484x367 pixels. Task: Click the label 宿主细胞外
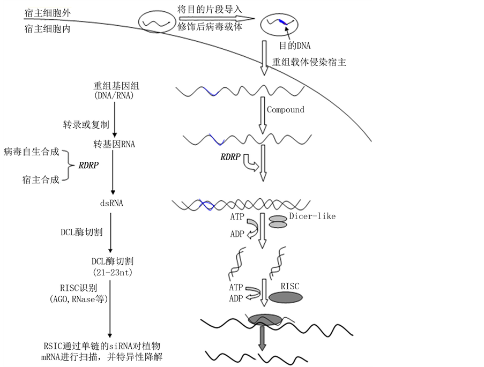click(47, 13)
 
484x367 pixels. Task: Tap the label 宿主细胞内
click(47, 29)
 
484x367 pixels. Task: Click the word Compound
click(286, 110)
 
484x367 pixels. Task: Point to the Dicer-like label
click(312, 216)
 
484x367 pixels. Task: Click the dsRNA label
click(112, 203)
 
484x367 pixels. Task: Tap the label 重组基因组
click(113, 86)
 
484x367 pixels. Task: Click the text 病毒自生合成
click(31, 152)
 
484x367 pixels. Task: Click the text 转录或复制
click(86, 124)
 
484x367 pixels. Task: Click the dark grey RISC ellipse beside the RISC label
click(285, 297)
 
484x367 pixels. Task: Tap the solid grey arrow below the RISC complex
click(263, 338)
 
